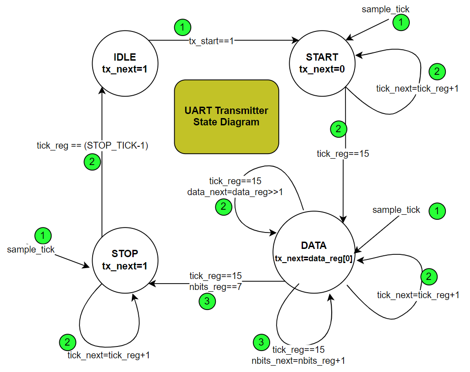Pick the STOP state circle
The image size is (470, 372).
click(x=125, y=260)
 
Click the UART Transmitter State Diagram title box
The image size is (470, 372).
click(x=226, y=116)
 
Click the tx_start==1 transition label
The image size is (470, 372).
click(x=211, y=41)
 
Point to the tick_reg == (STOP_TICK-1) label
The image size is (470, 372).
click(x=93, y=146)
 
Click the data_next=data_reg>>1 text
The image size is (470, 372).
click(x=235, y=192)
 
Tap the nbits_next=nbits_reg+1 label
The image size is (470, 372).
click(x=298, y=361)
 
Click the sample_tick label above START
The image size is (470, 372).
click(x=386, y=9)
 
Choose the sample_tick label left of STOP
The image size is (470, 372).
click(x=31, y=249)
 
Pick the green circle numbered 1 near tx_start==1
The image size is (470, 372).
click(x=182, y=28)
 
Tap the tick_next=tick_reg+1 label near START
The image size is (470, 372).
click(x=417, y=88)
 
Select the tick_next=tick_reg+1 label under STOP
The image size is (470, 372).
click(x=109, y=355)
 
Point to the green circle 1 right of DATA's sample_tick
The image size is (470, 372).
click(x=437, y=211)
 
